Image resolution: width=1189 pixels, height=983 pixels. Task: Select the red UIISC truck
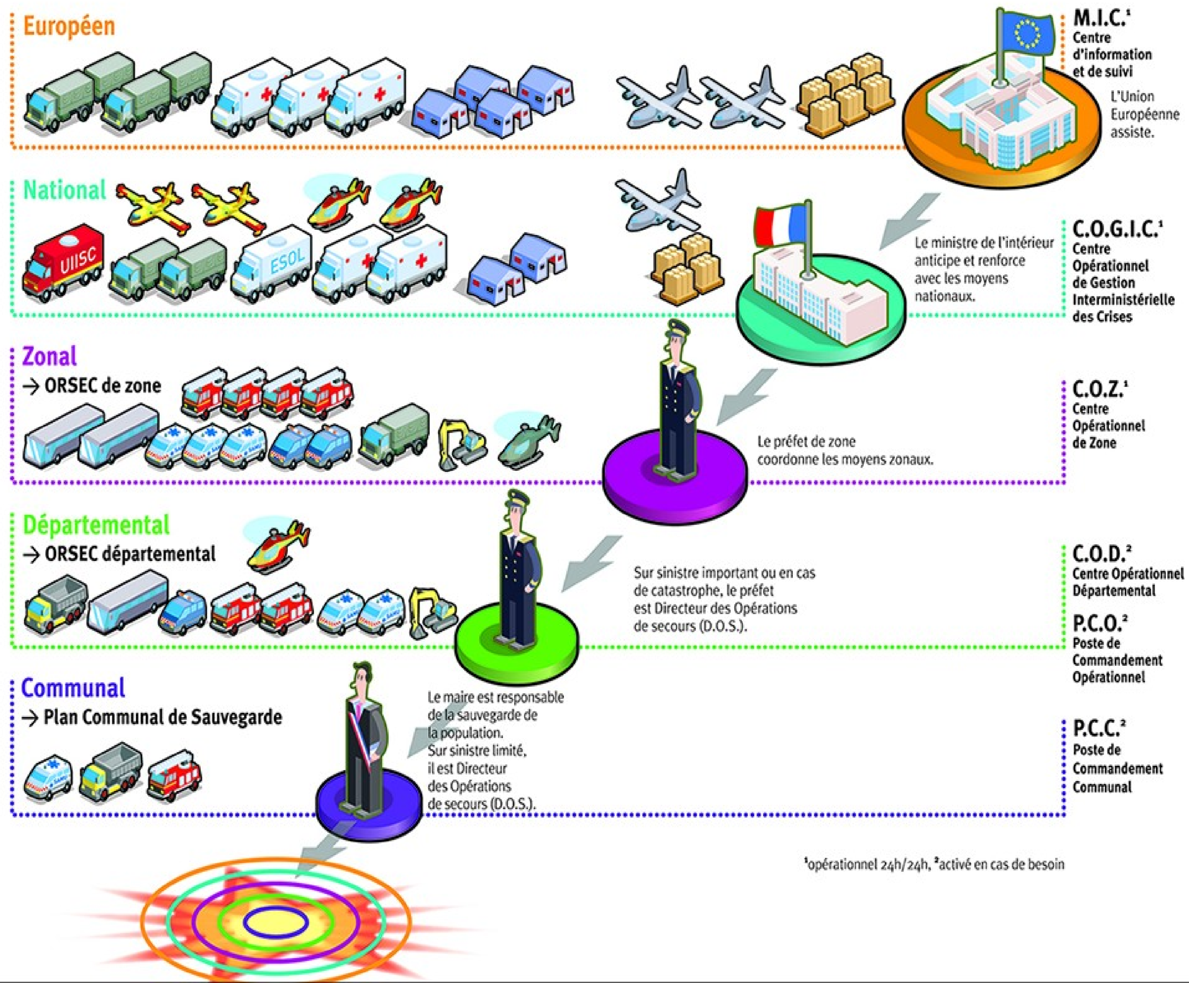point(63,263)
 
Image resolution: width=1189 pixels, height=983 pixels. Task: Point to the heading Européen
point(69,26)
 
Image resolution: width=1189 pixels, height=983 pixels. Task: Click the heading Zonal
point(49,356)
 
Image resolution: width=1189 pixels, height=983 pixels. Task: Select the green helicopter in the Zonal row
point(529,442)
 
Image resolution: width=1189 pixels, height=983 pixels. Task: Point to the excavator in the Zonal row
point(462,444)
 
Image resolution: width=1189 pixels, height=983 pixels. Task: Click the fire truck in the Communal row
point(174,775)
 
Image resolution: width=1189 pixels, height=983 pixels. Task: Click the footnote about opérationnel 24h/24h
point(934,865)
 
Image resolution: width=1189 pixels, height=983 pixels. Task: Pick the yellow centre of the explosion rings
point(276,922)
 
